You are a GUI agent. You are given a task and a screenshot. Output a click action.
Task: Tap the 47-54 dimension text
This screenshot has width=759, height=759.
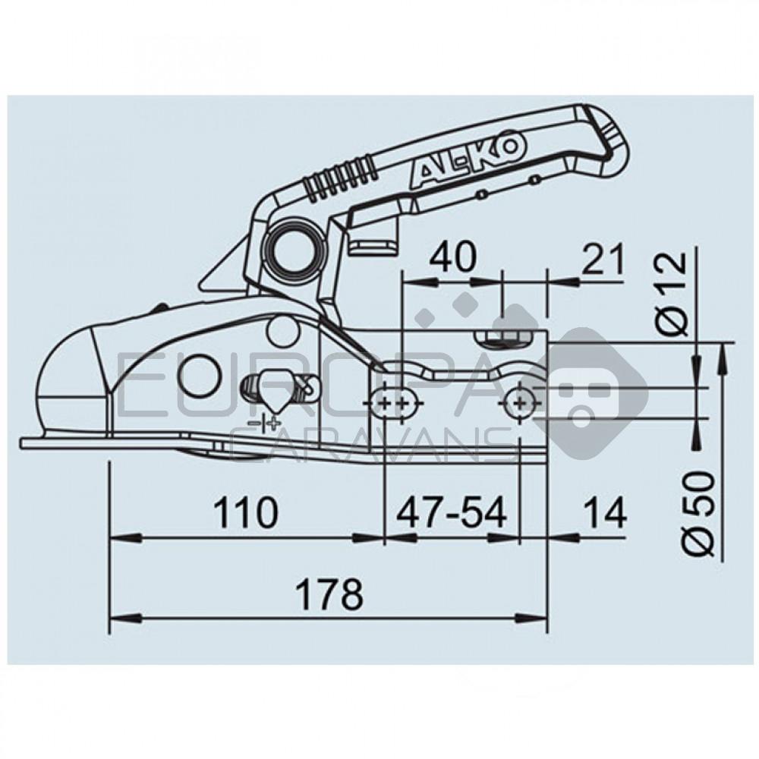coord(451,514)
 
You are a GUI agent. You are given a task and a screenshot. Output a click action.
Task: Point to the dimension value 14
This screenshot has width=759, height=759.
coord(605,514)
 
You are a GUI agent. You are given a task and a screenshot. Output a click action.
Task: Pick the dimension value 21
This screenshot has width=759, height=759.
coord(603,259)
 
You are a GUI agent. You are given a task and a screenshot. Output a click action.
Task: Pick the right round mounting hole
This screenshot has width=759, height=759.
coord(519,402)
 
